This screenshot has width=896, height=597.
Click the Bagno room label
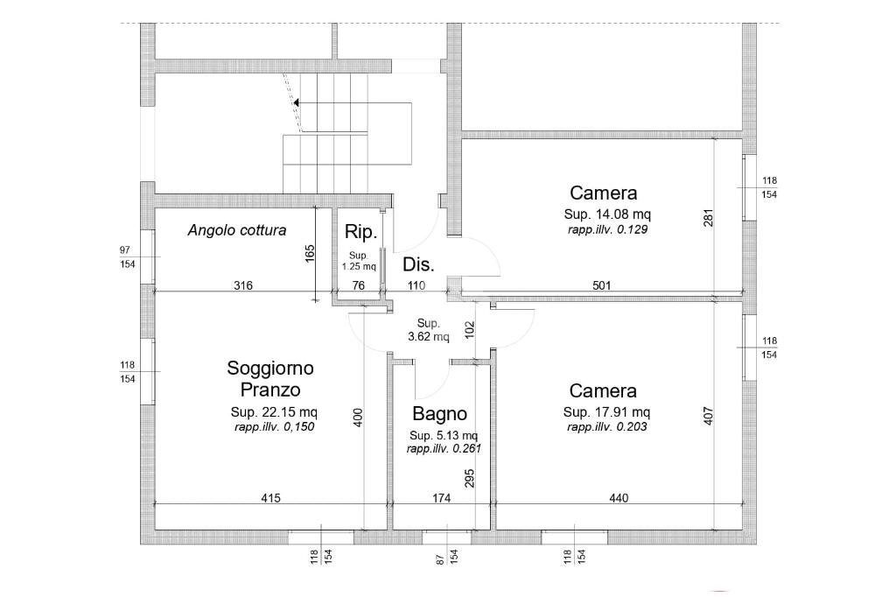click(439, 413)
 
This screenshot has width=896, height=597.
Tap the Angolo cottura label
click(237, 230)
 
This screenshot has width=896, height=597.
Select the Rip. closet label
click(361, 232)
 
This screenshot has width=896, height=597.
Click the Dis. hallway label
click(418, 264)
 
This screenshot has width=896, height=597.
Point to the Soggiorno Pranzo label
click(270, 378)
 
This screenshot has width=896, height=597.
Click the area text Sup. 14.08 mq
click(607, 214)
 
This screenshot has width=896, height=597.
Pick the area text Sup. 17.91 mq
click(606, 411)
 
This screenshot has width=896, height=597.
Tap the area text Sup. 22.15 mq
click(274, 411)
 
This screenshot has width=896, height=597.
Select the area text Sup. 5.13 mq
click(444, 436)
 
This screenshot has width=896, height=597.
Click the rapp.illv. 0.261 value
click(444, 449)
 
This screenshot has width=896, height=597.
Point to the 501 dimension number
click(602, 285)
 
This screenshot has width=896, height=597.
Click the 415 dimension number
click(271, 498)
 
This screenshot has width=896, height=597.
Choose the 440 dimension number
click(619, 498)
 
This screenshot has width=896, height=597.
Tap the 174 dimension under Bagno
click(441, 498)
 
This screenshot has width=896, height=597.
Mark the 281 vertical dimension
click(709, 218)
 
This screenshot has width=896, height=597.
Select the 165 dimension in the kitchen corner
click(310, 254)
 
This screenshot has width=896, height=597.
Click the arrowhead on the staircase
click(297, 103)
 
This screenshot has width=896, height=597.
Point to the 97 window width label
click(125, 249)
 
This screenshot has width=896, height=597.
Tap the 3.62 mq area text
click(429, 337)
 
